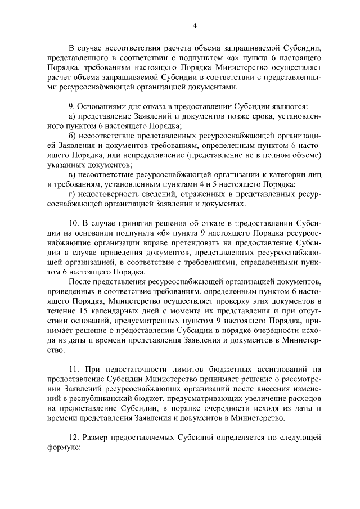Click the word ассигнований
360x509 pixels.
pyautogui.click(x=273, y=369)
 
